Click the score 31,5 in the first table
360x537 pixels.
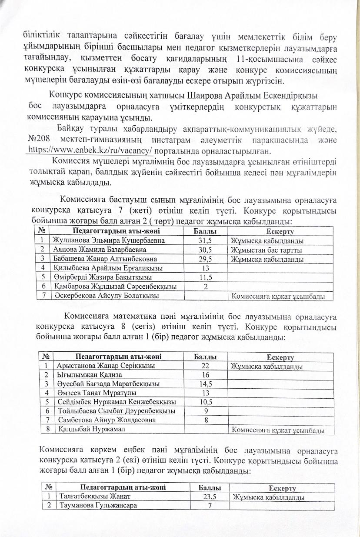pos(205,240)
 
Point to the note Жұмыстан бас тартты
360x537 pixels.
pos(266,250)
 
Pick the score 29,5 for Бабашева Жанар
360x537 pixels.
pos(205,260)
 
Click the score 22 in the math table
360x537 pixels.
pos(205,366)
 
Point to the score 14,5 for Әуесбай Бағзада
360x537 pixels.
pos(205,384)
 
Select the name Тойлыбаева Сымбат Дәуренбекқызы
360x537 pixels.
pos(117,411)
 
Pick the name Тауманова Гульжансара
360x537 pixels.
pos(98,506)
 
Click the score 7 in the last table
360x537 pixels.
pos(210,506)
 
